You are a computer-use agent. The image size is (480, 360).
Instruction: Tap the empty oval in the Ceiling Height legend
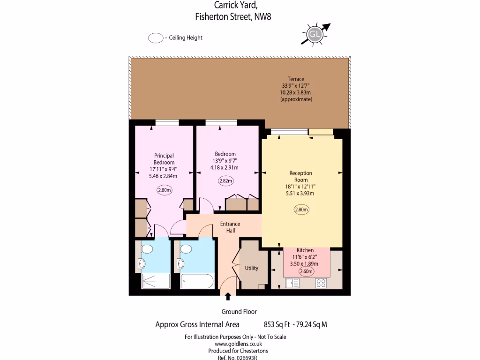click(155, 38)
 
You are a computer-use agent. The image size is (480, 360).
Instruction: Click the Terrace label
click(296, 79)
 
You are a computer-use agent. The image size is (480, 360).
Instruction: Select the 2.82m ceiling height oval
click(225, 180)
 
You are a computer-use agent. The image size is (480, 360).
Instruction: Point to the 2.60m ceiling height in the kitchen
click(306, 270)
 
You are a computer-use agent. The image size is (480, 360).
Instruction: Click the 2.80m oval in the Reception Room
click(301, 210)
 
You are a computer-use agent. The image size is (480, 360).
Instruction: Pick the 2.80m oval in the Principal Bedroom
click(164, 190)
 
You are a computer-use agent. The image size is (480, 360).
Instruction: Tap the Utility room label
click(252, 268)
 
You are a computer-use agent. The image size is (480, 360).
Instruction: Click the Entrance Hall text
click(230, 227)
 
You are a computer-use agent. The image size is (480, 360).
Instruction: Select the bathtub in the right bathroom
click(197, 282)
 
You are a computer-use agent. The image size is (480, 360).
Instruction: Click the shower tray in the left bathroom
click(156, 282)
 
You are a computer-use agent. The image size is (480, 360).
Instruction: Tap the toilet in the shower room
click(147, 248)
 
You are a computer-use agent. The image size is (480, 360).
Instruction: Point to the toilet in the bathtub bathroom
click(186, 248)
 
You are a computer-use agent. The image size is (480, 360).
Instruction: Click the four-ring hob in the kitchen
click(321, 283)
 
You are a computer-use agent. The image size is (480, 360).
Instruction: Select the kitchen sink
click(292, 283)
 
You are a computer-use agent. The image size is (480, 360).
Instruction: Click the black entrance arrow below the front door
click(228, 296)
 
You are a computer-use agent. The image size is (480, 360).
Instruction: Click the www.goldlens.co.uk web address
click(235, 344)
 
